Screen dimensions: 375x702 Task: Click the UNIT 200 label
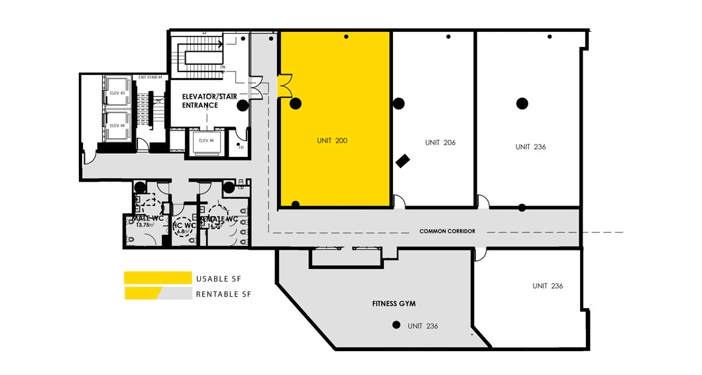(x=331, y=140)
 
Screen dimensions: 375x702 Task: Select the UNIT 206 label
(x=440, y=142)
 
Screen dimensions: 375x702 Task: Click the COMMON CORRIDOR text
(x=448, y=231)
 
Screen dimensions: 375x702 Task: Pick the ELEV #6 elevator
(x=205, y=140)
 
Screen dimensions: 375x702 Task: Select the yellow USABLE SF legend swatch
(x=156, y=277)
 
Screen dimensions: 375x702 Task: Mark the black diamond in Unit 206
(x=402, y=161)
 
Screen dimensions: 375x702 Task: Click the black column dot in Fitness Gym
(x=396, y=325)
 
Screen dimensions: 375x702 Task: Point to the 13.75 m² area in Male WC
(x=144, y=225)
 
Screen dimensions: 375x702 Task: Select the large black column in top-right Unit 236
(x=522, y=103)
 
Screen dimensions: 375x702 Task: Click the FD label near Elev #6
(x=241, y=146)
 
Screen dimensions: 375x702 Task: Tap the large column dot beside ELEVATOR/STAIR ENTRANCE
(x=243, y=104)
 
